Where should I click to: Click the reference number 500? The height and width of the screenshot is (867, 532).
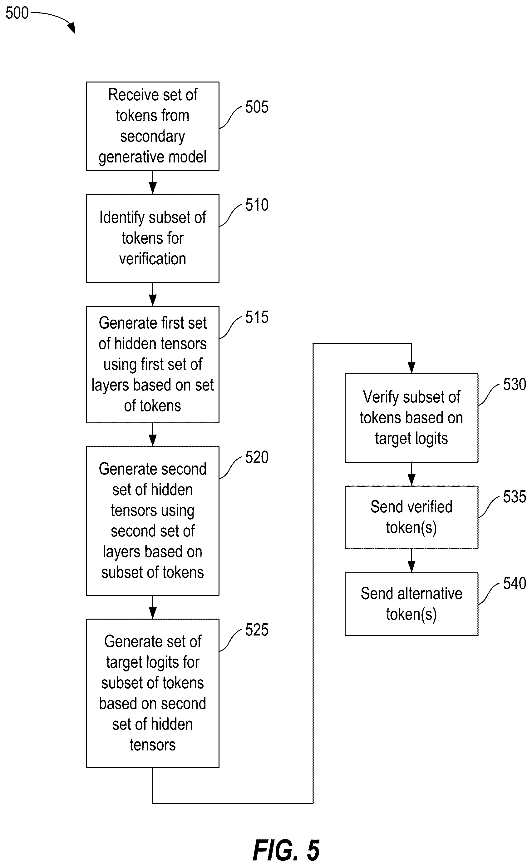[x=17, y=13]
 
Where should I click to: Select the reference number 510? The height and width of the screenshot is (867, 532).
[x=257, y=205]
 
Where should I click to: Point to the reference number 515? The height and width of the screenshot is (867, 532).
[x=257, y=317]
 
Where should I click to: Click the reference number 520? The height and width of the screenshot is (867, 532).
[x=257, y=457]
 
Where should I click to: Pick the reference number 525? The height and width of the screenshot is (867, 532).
[x=257, y=630]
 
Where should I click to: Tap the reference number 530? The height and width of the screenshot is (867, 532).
[x=515, y=384]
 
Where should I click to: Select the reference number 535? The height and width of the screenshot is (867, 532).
[x=515, y=497]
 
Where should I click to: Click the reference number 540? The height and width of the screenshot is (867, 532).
[x=515, y=583]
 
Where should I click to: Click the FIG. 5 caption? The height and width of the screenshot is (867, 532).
[x=286, y=850]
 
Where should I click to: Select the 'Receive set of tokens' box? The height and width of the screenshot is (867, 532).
[x=153, y=126]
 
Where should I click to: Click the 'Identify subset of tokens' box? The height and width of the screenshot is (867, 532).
[x=153, y=238]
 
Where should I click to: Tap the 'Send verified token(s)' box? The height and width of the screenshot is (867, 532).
[x=411, y=517]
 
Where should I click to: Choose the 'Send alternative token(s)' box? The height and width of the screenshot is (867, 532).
[x=411, y=604]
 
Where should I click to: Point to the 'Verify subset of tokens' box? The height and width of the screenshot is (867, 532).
[x=411, y=418]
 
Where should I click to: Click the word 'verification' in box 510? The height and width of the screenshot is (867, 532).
[x=153, y=259]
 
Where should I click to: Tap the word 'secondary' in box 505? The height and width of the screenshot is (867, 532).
[x=153, y=137]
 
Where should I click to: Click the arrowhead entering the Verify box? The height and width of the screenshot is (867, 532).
[x=411, y=368]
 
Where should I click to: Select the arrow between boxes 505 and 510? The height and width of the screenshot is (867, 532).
[x=153, y=182]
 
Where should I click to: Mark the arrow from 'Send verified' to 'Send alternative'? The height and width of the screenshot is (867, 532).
[x=411, y=561]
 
